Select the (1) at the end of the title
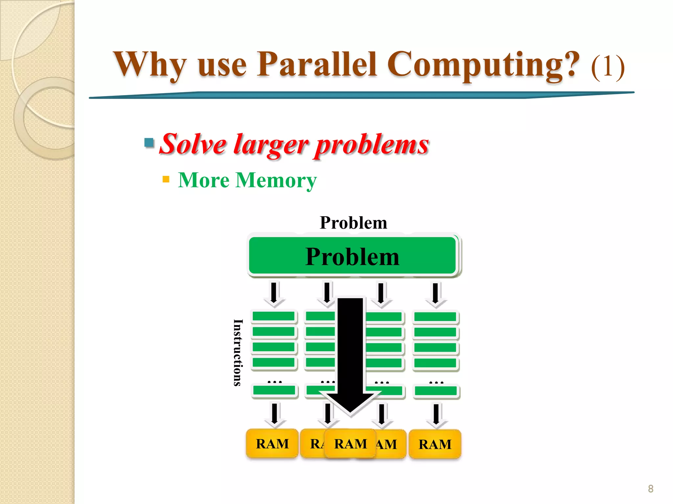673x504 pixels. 608,67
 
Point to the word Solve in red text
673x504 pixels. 193,145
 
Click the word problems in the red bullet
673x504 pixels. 372,145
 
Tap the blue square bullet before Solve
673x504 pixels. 149,143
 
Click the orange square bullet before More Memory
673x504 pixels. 166,179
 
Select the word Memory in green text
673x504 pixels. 276,180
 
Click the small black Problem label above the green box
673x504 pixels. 353,223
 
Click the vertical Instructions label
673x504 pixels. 238,352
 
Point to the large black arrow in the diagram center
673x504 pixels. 350,354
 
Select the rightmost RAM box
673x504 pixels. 435,444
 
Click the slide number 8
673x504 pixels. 650,489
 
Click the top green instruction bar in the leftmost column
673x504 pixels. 273,316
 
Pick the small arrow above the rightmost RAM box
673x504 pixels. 436,415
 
